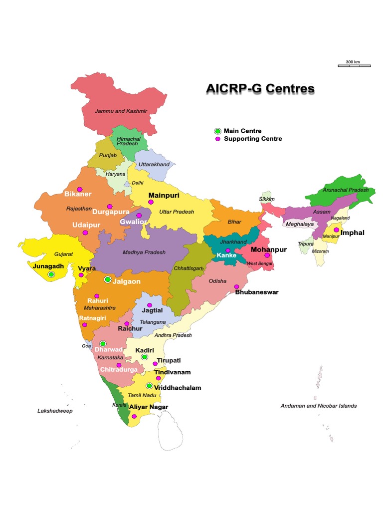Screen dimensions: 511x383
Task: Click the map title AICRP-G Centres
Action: pyautogui.click(x=260, y=89)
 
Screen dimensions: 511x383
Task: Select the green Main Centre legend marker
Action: pyautogui.click(x=218, y=131)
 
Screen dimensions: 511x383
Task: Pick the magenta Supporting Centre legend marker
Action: pyautogui.click(x=218, y=139)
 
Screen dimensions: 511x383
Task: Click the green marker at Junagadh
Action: pyautogui.click(x=51, y=274)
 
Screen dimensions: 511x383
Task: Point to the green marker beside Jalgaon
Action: pyautogui.click(x=107, y=280)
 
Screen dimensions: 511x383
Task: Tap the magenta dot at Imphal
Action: pyautogui.click(x=337, y=230)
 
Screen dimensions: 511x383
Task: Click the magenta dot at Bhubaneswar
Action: pyautogui.click(x=236, y=286)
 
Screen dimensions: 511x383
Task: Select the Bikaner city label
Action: pyautogui.click(x=78, y=194)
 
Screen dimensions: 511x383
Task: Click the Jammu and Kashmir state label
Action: pyautogui.click(x=121, y=111)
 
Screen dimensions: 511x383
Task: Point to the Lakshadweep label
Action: pyautogui.click(x=55, y=411)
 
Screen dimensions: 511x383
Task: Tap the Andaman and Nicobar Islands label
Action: pyautogui.click(x=319, y=406)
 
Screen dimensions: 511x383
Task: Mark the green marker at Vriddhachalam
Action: pyautogui.click(x=149, y=386)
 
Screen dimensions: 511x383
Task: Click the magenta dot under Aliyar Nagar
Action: pyautogui.click(x=134, y=416)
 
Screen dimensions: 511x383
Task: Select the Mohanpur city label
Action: pyautogui.click(x=269, y=249)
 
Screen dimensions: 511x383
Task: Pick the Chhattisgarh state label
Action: pyautogui.click(x=189, y=268)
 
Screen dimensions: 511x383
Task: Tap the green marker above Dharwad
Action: pyautogui.click(x=103, y=344)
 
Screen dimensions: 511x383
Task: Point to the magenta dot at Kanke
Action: pyautogui.click(x=228, y=251)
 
